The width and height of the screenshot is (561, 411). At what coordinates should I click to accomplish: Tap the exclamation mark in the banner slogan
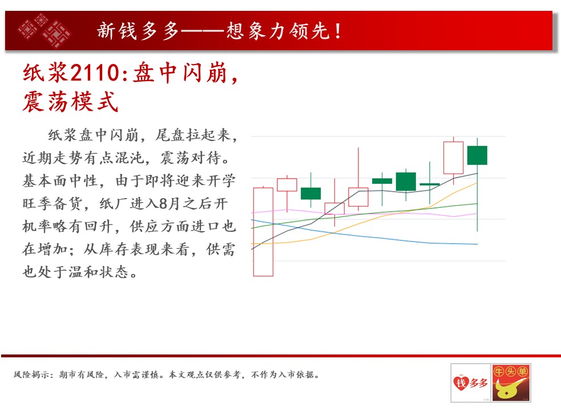338,31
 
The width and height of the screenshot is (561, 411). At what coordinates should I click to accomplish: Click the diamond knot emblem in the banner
45,31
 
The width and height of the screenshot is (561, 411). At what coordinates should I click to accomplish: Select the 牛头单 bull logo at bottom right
511,382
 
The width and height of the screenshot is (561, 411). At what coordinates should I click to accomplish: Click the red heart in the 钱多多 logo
461,382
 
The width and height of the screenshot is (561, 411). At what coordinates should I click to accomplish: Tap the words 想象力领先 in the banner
277,31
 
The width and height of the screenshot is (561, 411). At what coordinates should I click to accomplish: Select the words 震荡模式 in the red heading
70,102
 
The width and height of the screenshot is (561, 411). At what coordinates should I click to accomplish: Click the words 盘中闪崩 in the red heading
180,72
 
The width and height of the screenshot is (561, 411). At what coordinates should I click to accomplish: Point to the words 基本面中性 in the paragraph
60,181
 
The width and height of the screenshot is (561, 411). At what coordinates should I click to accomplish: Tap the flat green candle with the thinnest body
430,184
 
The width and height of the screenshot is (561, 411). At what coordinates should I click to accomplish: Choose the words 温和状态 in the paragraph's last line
99,272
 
